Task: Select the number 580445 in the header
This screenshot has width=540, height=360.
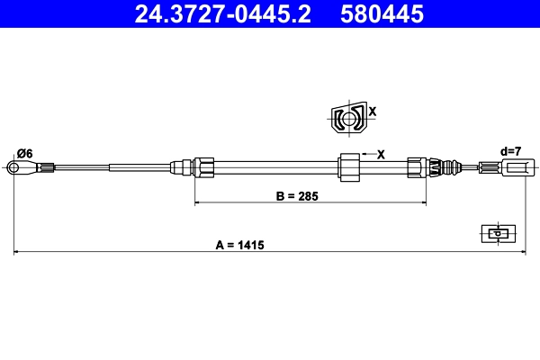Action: click(x=379, y=13)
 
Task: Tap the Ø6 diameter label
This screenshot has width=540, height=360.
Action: click(x=24, y=154)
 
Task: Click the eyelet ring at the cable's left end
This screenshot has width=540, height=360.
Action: click(x=15, y=166)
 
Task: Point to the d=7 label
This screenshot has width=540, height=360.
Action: click(x=510, y=151)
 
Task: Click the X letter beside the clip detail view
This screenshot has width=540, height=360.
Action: click(x=372, y=112)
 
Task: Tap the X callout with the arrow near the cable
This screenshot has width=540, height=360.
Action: click(x=380, y=154)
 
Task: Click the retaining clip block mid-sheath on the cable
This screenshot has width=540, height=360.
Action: click(x=348, y=166)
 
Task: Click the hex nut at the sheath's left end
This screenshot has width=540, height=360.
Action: click(x=204, y=166)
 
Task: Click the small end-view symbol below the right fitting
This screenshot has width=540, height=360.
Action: click(x=496, y=233)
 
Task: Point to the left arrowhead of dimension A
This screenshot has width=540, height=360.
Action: click(x=16, y=252)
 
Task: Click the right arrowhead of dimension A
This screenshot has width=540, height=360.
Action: click(x=522, y=252)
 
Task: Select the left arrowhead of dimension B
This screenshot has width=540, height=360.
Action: click(x=198, y=203)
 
